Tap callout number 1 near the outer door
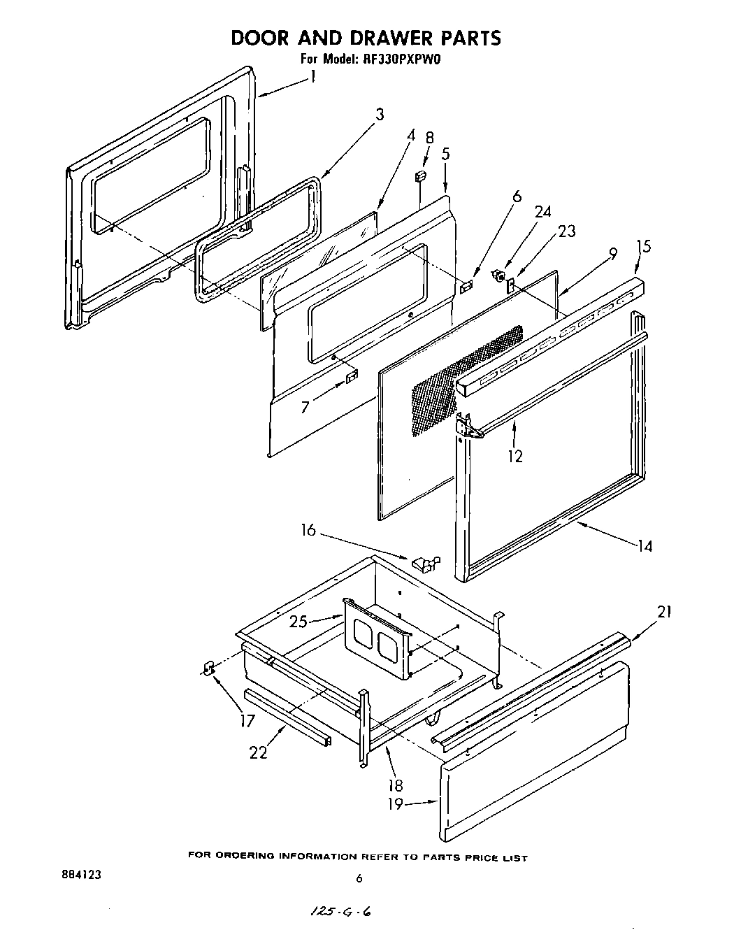coord(313,76)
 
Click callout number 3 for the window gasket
coord(380,114)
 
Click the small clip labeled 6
coord(467,287)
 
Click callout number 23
coord(567,231)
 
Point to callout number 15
coord(643,246)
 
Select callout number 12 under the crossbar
coord(516,456)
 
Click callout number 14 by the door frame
coord(645,545)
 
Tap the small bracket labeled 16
coord(424,561)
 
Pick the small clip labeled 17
coord(207,668)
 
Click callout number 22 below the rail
coord(258,753)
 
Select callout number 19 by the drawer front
coord(396,803)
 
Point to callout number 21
coord(664,612)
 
